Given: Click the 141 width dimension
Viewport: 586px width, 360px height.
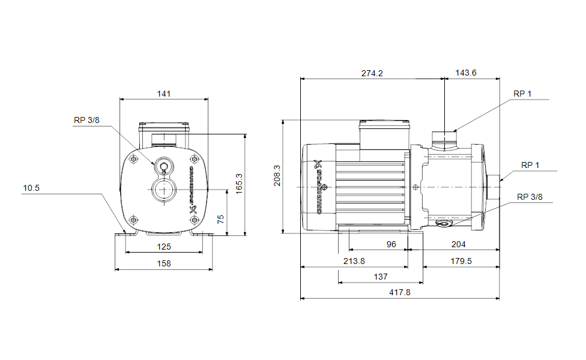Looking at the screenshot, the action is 164,94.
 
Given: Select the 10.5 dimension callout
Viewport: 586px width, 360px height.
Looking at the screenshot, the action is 31,188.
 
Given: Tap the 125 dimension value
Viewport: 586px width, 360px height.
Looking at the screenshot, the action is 164,247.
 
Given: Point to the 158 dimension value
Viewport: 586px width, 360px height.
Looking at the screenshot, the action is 164,263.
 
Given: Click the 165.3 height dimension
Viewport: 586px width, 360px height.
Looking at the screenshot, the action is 239,184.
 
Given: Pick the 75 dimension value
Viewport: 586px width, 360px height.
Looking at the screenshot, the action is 220,219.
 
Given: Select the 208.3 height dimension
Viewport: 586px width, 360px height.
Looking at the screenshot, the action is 277,176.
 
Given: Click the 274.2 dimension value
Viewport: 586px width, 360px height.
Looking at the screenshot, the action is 372,73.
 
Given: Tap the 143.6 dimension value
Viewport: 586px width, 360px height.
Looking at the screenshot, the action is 466,73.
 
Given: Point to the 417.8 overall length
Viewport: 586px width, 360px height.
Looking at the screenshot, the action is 399,292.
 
